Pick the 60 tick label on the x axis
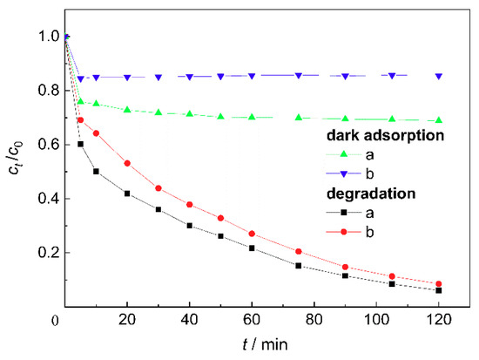[x=252, y=321]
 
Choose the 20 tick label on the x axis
[x=127, y=321]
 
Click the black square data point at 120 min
[x=438, y=290]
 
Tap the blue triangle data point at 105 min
[x=392, y=76]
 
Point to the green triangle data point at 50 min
[x=220, y=117]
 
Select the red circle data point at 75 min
[x=299, y=251]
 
